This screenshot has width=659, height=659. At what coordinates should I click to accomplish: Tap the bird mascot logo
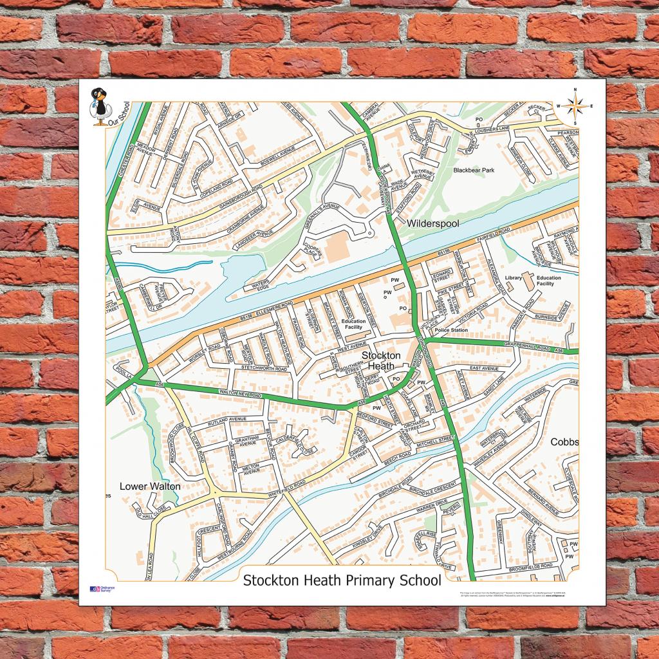coord(100,106)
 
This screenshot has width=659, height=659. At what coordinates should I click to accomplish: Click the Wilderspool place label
coord(432,223)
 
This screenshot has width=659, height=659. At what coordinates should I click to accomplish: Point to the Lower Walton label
coord(150,487)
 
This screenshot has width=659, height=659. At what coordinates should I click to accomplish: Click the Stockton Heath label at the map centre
coord(380,360)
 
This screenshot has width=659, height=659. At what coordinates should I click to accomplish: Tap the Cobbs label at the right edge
coord(564,442)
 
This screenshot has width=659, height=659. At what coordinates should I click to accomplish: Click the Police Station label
coord(451,330)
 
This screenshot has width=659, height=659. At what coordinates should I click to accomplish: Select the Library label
coord(513,278)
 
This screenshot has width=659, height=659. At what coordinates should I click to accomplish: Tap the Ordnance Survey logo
coord(102,589)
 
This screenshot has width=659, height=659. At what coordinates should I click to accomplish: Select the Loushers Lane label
coord(507,130)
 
